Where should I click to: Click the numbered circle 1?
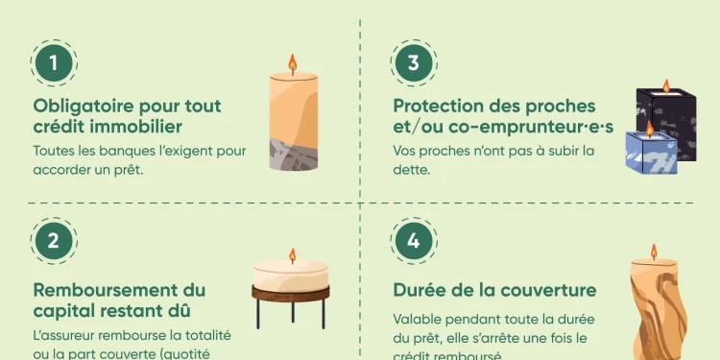click(55, 63)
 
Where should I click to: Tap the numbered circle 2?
click(55, 242)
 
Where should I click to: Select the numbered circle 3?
click(414, 63)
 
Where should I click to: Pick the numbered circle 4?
click(414, 242)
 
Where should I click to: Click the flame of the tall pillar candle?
click(293, 65)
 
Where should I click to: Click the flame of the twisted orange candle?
click(654, 252)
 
